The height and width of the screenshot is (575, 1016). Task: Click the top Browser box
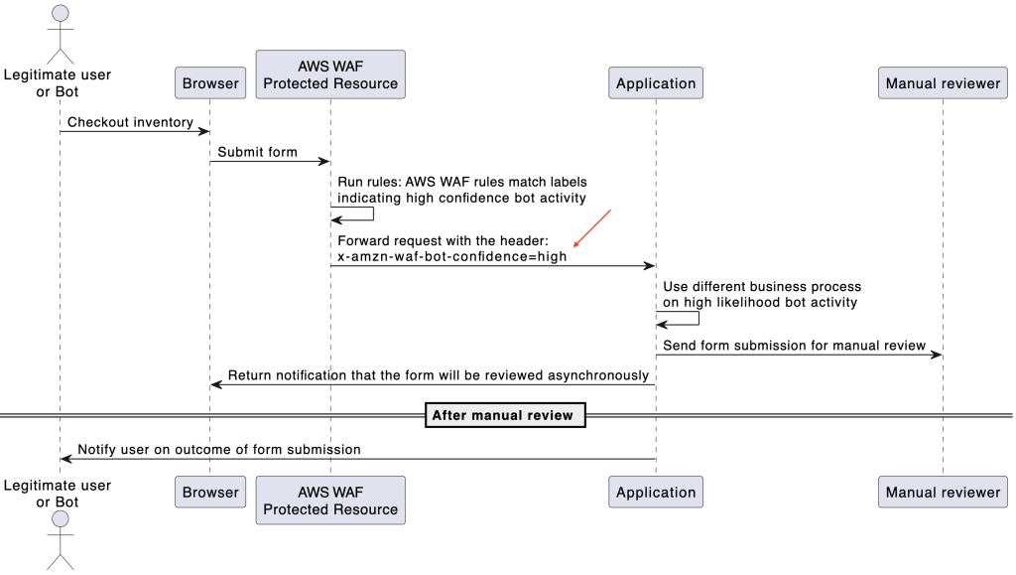coord(210,83)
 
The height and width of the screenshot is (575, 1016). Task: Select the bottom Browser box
coord(210,492)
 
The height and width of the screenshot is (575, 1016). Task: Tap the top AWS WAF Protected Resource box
coord(330,74)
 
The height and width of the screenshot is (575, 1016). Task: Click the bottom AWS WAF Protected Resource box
coord(330,501)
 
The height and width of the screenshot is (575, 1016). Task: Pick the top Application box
coord(656,83)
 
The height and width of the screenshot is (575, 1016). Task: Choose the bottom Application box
coord(656,492)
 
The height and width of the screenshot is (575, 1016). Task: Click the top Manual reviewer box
coord(943,83)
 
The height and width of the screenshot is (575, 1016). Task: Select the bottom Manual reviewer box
coord(943,492)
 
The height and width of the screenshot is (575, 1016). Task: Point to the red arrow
coord(591,228)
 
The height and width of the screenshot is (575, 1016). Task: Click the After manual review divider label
coord(503,415)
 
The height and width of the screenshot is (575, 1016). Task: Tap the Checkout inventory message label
coord(130,122)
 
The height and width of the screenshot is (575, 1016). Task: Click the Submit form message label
coord(257,152)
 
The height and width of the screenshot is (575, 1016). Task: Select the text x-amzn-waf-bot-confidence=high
coord(452,256)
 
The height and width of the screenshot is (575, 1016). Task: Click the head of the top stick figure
coord(60,13)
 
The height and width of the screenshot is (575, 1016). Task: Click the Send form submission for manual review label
coord(794,346)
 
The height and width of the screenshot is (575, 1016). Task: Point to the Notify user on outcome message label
coord(219,450)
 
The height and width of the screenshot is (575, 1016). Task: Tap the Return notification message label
coord(438,375)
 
